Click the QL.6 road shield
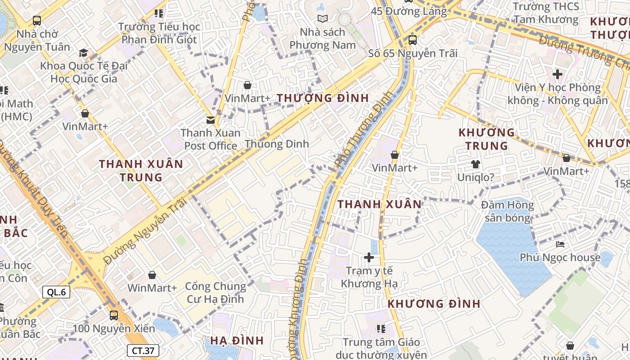point(57,292)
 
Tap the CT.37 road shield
point(144,351)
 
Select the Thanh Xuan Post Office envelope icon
point(210,120)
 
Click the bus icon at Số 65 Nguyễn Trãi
point(413,40)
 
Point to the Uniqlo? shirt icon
point(475,164)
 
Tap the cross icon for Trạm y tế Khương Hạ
point(369,257)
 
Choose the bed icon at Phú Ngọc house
point(560,244)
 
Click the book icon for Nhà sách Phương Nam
point(323,18)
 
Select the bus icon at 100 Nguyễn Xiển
point(114,315)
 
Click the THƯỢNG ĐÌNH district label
point(323,98)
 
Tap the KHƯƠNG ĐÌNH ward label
point(434,304)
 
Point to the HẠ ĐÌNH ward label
point(237,340)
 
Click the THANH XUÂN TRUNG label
point(141,171)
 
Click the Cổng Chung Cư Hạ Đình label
point(216,292)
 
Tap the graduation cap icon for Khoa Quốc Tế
point(83,53)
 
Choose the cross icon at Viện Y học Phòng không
point(558,74)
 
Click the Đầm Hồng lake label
point(507,211)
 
